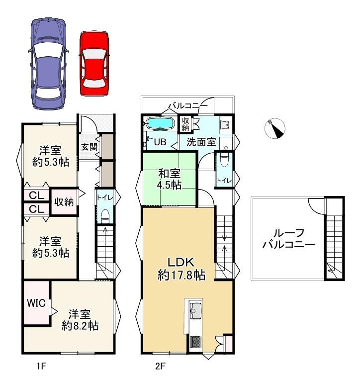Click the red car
(94, 64)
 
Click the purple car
(48, 64)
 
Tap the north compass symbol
(274, 129)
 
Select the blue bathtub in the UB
(160, 123)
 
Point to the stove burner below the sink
(196, 342)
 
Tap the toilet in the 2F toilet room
(224, 160)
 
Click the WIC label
(36, 303)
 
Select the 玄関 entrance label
(90, 147)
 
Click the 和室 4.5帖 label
(169, 179)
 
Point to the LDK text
(181, 262)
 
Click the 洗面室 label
(201, 142)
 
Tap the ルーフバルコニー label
(289, 238)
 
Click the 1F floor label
(41, 366)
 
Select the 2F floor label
(160, 366)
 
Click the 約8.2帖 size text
(80, 326)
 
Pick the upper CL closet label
(36, 195)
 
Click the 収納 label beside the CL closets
(64, 202)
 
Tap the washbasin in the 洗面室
(225, 125)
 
